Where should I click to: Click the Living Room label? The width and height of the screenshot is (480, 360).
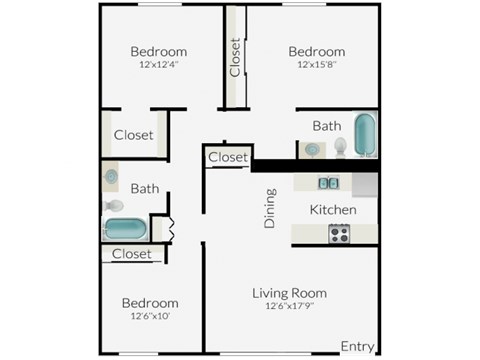click(x=289, y=293)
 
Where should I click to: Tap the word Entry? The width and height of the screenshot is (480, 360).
click(x=357, y=346)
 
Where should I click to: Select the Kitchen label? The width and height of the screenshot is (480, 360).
click(x=332, y=210)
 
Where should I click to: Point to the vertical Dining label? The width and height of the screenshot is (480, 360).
click(x=269, y=209)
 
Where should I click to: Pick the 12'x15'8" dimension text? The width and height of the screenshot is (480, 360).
click(x=316, y=66)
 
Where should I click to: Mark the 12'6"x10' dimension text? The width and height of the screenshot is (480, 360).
click(x=150, y=317)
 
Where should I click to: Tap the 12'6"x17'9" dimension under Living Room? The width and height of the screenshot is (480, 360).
click(x=289, y=307)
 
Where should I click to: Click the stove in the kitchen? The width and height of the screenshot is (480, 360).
click(x=340, y=234)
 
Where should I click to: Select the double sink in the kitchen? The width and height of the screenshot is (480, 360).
click(x=328, y=183)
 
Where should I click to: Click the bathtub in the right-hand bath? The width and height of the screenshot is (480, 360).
click(x=365, y=135)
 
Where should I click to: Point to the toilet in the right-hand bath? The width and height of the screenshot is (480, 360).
click(x=340, y=147)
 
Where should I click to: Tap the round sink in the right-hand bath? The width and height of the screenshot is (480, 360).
click(x=313, y=150)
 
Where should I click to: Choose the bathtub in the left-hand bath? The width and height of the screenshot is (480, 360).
click(x=125, y=229)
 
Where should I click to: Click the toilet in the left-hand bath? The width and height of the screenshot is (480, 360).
click(x=114, y=207)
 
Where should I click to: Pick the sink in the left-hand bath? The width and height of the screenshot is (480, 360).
click(x=110, y=177)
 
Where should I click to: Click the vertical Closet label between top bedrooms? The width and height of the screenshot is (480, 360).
click(x=235, y=57)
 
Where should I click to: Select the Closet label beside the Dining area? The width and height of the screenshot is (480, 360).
click(x=228, y=157)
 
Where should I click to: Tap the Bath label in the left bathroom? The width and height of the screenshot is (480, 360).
click(x=145, y=188)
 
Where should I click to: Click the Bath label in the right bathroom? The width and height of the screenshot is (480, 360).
click(x=326, y=126)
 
